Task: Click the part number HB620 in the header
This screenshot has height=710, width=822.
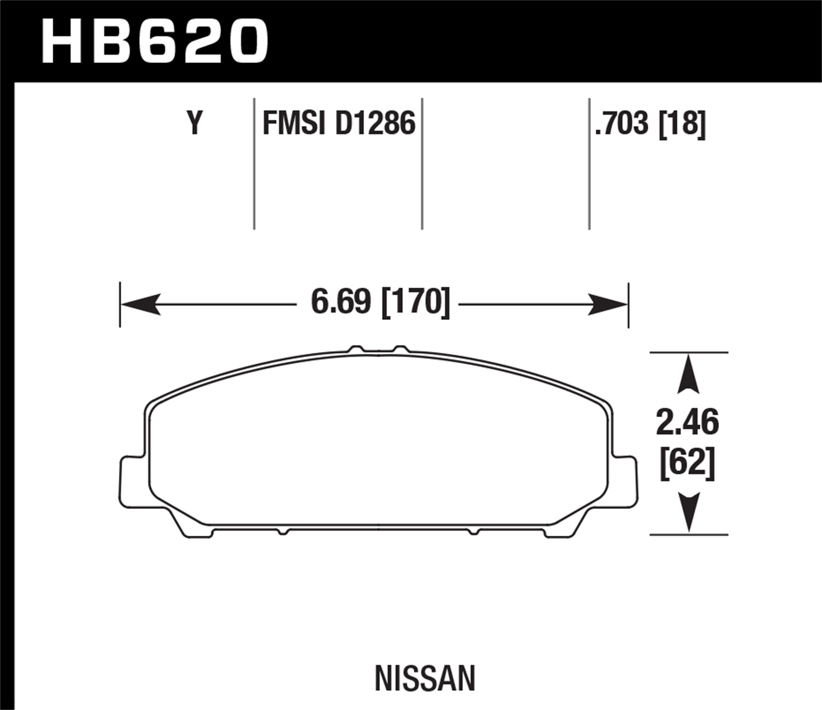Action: point(155,41)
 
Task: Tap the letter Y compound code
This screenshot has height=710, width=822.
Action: point(195,123)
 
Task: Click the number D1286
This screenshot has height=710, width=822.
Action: point(375,123)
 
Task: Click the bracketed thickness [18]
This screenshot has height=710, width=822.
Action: point(682,123)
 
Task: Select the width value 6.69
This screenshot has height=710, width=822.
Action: point(340,301)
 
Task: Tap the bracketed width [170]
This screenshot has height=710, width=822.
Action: point(415,301)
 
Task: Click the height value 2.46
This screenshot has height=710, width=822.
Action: point(687,422)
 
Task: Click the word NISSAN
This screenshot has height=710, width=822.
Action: point(425,678)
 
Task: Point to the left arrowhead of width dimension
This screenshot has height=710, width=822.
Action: point(140,304)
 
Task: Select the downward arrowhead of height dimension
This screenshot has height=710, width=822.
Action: point(688,512)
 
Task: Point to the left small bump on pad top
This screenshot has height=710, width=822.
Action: point(356,349)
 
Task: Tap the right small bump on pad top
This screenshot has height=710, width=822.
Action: point(401,349)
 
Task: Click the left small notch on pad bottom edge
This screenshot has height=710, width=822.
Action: point(282,531)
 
